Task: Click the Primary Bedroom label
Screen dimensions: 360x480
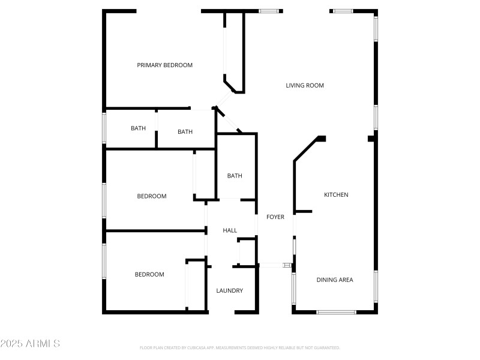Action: coord(164,65)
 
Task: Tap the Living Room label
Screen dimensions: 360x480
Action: coord(304,85)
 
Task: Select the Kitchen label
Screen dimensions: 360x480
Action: coord(336,194)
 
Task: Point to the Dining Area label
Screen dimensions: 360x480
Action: coord(335,280)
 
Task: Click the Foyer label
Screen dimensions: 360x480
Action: coord(275,217)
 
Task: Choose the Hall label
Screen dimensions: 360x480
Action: coord(230,230)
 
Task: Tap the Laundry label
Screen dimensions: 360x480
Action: coord(229,290)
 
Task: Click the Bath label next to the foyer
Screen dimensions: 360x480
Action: coord(235,176)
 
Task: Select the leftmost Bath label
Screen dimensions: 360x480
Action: coord(139,128)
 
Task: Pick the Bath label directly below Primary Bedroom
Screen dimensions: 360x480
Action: coord(185,131)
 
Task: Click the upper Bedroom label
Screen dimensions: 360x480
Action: coord(152,196)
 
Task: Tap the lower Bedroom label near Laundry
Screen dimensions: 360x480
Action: coord(149,274)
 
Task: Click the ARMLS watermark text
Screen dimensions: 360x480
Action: coord(30,344)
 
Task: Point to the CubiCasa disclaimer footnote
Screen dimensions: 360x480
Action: coord(240,347)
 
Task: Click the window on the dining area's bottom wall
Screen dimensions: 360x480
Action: coord(336,311)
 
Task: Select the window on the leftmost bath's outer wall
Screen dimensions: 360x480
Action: coord(104,128)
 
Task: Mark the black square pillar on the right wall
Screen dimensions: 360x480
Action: coord(372,139)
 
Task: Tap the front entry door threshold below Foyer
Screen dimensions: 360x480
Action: coord(274,265)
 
